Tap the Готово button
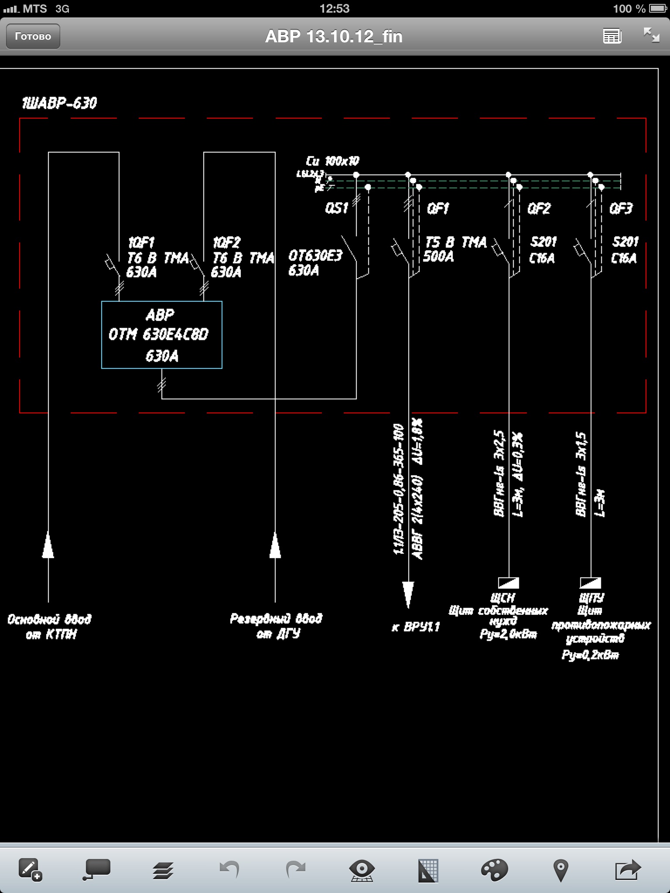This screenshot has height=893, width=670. (x=33, y=36)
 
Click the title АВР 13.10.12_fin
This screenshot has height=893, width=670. (x=334, y=37)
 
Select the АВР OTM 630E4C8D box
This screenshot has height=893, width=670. (x=161, y=334)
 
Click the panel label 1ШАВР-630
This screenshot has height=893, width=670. (x=59, y=103)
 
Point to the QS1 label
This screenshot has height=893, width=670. (x=336, y=208)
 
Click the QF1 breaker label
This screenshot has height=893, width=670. (x=438, y=209)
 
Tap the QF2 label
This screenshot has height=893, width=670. (x=539, y=208)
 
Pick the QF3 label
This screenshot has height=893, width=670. (x=620, y=208)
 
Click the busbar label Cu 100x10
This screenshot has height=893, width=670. (x=332, y=161)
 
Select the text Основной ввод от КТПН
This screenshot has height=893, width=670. (x=50, y=627)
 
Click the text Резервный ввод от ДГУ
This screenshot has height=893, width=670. (x=276, y=626)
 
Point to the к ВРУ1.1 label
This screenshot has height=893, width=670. (x=416, y=627)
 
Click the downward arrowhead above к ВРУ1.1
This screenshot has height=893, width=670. (x=408, y=594)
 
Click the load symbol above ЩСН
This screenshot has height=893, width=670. (x=509, y=583)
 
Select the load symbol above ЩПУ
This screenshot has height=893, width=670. (x=591, y=583)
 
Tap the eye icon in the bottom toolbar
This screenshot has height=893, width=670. (x=362, y=870)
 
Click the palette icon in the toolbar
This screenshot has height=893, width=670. (x=494, y=870)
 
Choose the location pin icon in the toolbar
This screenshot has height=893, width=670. (x=561, y=870)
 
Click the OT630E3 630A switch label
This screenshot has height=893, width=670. (x=315, y=263)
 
